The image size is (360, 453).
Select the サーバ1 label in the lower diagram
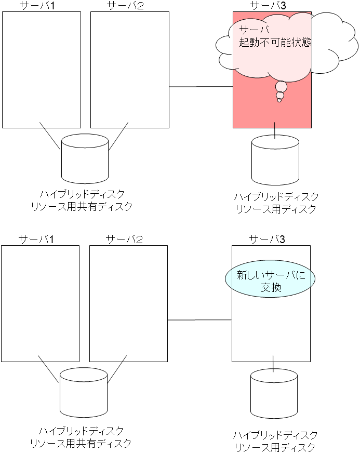click(x=36, y=239)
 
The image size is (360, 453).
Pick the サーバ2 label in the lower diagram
click(x=124, y=239)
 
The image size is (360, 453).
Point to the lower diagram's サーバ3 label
click(x=267, y=239)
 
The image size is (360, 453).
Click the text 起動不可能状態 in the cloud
click(x=275, y=43)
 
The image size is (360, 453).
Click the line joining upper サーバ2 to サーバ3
click(x=201, y=86)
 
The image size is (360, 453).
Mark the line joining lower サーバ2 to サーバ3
click(x=199, y=320)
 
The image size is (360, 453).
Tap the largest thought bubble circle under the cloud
click(x=281, y=86)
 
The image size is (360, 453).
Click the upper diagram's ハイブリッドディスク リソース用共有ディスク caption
click(x=82, y=200)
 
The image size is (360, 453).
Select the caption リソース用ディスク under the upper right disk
click(x=276, y=209)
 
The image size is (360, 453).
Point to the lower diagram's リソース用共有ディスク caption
click(x=81, y=443)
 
